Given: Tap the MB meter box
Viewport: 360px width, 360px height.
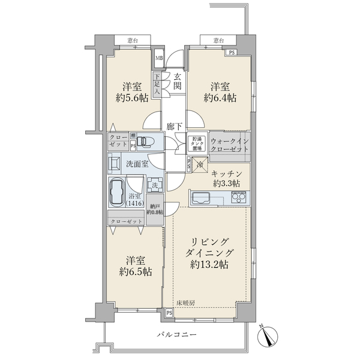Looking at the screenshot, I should (158, 58).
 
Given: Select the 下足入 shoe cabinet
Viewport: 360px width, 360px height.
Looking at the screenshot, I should (157, 85).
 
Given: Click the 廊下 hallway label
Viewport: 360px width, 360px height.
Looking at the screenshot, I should (175, 127).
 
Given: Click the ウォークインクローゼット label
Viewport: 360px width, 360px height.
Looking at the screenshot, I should (230, 143).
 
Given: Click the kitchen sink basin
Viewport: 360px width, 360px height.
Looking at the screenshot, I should (201, 197).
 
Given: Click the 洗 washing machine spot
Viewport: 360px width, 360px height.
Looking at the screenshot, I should (155, 186).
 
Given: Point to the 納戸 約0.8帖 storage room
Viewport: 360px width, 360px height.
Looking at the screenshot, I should (155, 214).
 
